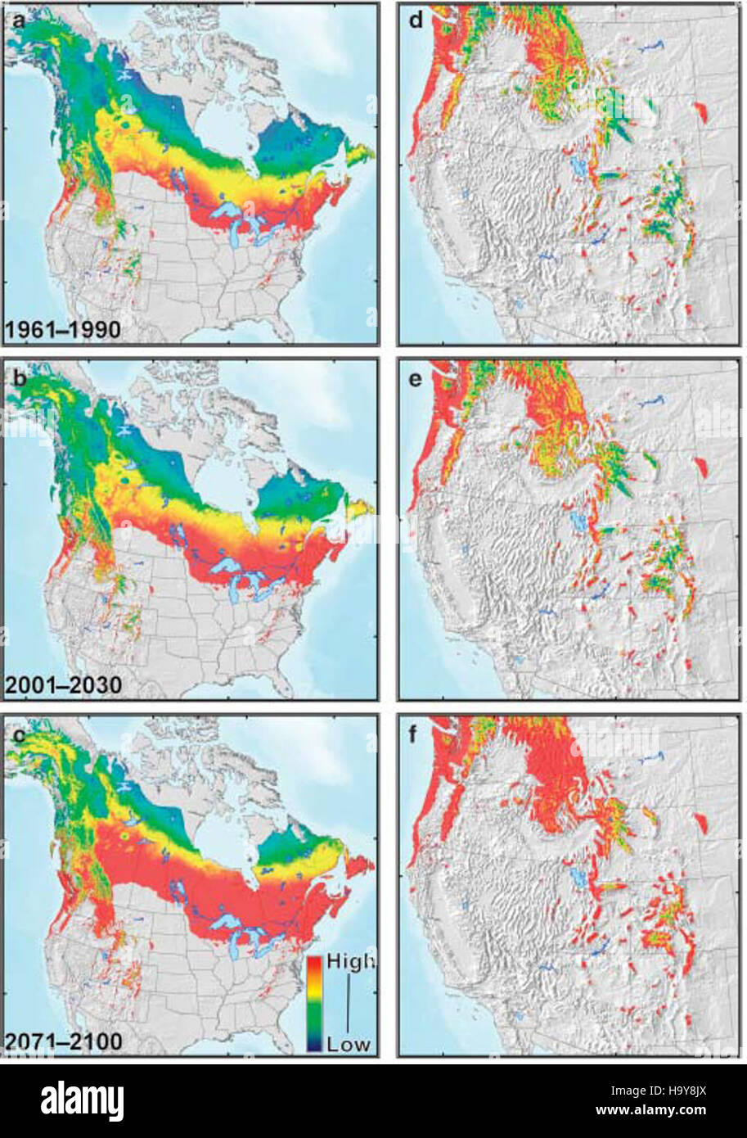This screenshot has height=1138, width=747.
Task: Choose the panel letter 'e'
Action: (416, 377)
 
